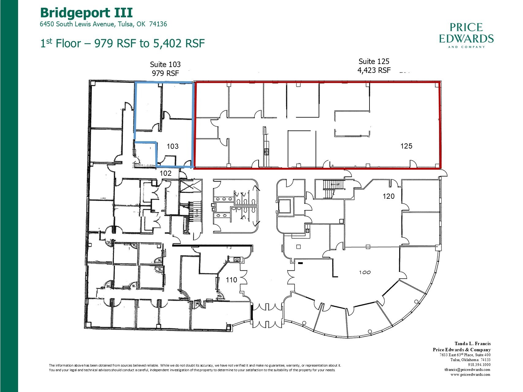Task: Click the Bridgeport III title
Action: click(86, 13)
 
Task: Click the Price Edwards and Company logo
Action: click(466, 35)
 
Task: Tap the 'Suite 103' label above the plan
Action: click(165, 64)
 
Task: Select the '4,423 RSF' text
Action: click(374, 70)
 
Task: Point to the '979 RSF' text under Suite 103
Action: click(165, 73)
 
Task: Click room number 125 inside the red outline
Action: click(406, 146)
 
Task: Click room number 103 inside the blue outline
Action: click(172, 146)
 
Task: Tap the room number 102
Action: click(165, 173)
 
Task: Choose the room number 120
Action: click(388, 196)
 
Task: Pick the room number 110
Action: click(231, 280)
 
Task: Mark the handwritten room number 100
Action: click(365, 272)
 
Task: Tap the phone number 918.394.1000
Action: click(479, 365)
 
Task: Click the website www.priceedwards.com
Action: click(470, 374)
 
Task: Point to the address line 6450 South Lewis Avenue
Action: click(103, 24)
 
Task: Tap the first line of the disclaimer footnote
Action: click(195, 365)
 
